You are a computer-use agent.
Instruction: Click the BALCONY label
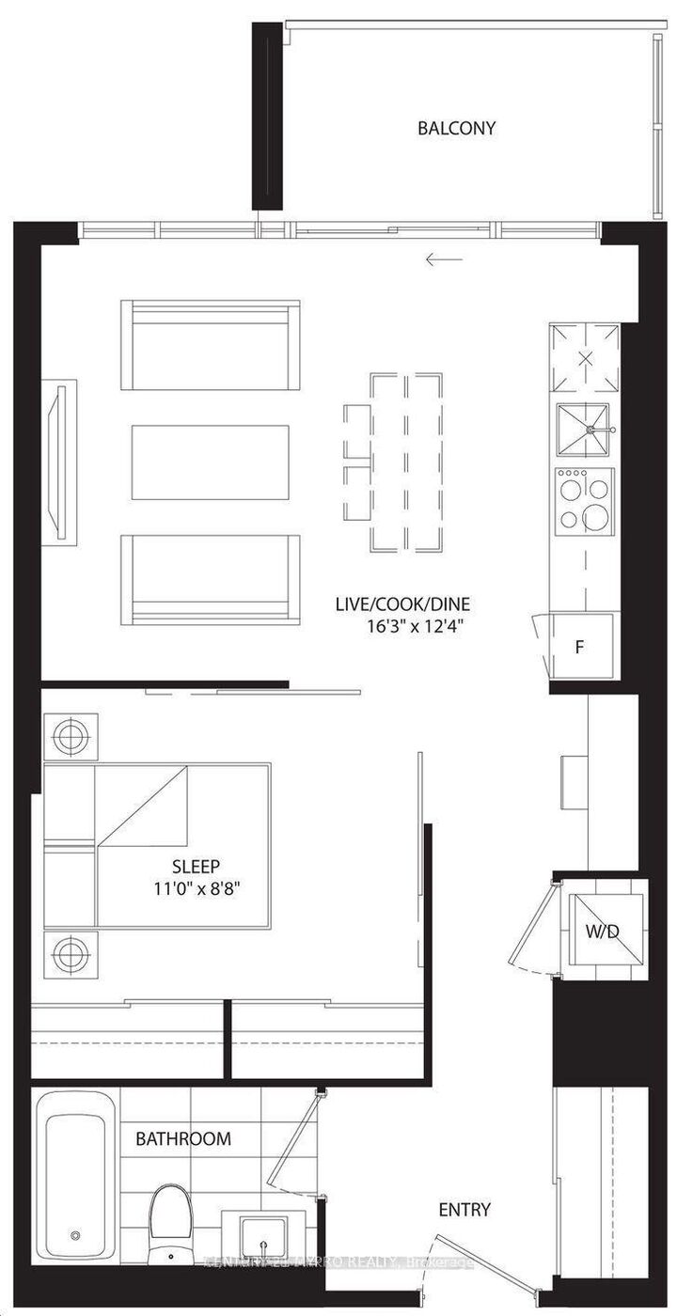coord(456,128)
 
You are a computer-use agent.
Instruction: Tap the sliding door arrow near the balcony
coord(444,259)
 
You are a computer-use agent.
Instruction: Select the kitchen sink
coord(583,431)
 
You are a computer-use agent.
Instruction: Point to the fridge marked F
coord(581,647)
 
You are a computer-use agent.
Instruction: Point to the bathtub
coord(75,1175)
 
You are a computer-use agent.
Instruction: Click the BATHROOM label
coord(182,1138)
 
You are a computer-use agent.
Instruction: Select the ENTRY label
coord(464,1210)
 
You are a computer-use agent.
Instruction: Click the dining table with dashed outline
coord(406,462)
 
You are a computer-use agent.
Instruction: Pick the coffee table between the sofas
coord(210,463)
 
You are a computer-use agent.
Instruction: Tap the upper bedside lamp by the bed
coord(70,738)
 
